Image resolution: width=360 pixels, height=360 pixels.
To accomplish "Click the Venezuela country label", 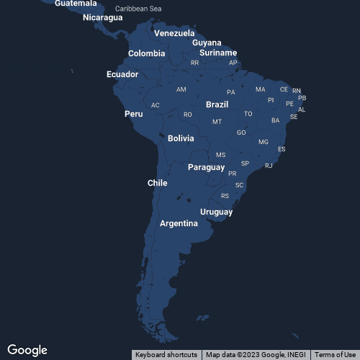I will (174, 33).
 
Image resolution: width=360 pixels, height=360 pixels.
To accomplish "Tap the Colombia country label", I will (147, 53).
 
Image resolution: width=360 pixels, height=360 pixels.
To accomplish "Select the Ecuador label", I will (122, 74).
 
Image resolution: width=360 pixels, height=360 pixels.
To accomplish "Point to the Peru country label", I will (134, 114).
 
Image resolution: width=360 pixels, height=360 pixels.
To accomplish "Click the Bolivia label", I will (181, 138).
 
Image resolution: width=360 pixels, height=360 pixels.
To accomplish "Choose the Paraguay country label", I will (207, 167).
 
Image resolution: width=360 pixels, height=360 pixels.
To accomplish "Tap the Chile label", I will (158, 183).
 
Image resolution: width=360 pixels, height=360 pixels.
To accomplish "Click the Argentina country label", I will (179, 223).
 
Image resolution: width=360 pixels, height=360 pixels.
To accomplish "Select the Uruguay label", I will (217, 212).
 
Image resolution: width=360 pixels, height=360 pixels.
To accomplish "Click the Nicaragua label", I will (103, 17).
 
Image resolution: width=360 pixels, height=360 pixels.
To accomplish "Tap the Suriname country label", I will (218, 53).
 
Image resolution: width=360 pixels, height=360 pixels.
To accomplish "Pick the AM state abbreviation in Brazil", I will (181, 89).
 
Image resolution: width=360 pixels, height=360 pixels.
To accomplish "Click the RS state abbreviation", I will (225, 196).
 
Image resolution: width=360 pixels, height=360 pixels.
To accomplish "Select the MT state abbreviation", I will (217, 122).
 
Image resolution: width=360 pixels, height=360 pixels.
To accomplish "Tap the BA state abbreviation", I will (276, 120).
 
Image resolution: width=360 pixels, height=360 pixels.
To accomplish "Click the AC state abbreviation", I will (156, 105).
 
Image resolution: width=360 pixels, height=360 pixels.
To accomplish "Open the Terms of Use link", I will (335, 354).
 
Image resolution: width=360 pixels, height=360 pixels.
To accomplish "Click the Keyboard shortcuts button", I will (166, 354).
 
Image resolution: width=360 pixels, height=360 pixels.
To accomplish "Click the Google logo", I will (27, 350).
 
